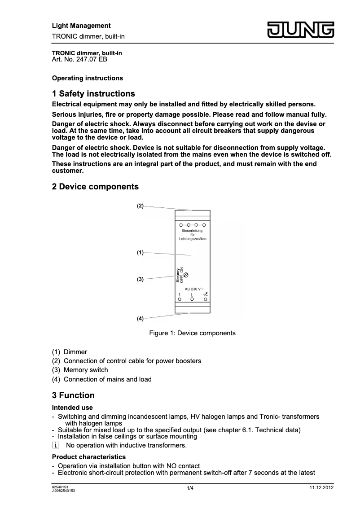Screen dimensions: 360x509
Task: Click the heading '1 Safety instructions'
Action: (x=93, y=94)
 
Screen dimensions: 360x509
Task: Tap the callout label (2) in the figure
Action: (x=140, y=206)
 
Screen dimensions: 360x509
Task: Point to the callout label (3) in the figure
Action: (x=140, y=279)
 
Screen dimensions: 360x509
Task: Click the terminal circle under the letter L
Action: (x=192, y=299)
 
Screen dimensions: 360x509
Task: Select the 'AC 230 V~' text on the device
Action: (x=194, y=289)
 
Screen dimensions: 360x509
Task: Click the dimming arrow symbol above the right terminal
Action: (x=205, y=294)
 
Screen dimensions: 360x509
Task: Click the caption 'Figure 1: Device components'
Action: (x=192, y=333)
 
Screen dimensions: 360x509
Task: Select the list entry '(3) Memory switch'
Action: (x=80, y=370)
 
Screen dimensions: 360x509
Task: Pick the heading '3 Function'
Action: (x=74, y=395)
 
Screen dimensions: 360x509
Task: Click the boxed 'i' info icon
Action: (x=56, y=445)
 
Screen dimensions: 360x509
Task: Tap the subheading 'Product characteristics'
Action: (x=86, y=457)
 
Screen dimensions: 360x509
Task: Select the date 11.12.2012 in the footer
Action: (x=321, y=487)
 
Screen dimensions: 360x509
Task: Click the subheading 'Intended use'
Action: (x=72, y=408)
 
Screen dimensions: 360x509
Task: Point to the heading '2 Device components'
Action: (x=95, y=186)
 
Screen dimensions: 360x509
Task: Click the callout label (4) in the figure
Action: (x=140, y=319)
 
